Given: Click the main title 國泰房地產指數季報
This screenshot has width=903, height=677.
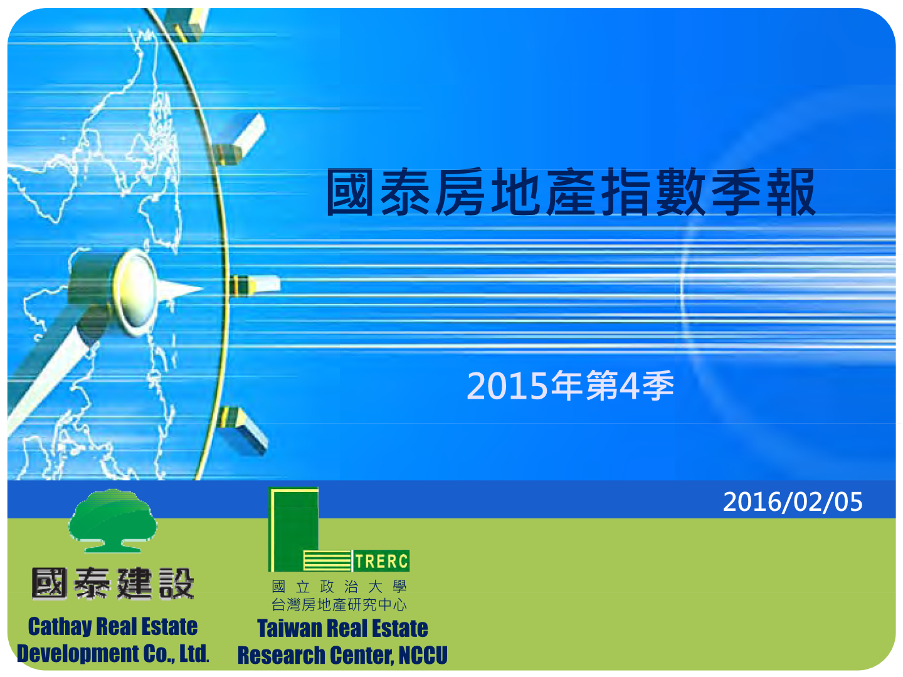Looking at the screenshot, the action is pyautogui.click(x=571, y=192).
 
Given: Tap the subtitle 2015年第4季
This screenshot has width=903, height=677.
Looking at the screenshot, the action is pyautogui.click(x=570, y=385).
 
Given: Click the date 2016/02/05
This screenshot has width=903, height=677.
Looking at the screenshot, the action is pyautogui.click(x=793, y=502).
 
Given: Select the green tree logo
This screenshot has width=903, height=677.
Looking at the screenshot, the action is pyautogui.click(x=112, y=521).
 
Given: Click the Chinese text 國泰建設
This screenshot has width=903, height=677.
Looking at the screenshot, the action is pyautogui.click(x=112, y=584).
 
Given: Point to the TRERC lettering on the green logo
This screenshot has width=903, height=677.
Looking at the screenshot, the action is pyautogui.click(x=381, y=561).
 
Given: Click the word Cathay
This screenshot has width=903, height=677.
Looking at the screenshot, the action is pyautogui.click(x=60, y=627).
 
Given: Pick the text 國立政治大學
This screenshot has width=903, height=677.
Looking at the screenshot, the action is pyautogui.click(x=339, y=587).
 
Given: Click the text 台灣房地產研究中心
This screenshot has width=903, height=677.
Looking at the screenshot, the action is pyautogui.click(x=339, y=605).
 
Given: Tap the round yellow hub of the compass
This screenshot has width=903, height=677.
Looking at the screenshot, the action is pyautogui.click(x=135, y=291).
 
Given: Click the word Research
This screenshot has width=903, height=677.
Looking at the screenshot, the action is pyautogui.click(x=282, y=655).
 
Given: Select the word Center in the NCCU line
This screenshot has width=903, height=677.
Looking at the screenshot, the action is pyautogui.click(x=362, y=655).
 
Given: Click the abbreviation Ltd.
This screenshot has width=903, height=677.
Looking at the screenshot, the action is pyautogui.click(x=194, y=654).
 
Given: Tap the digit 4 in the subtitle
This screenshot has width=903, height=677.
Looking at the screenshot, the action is pyautogui.click(x=629, y=386).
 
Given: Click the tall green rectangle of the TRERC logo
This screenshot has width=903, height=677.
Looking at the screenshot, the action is pyautogui.click(x=293, y=530).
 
